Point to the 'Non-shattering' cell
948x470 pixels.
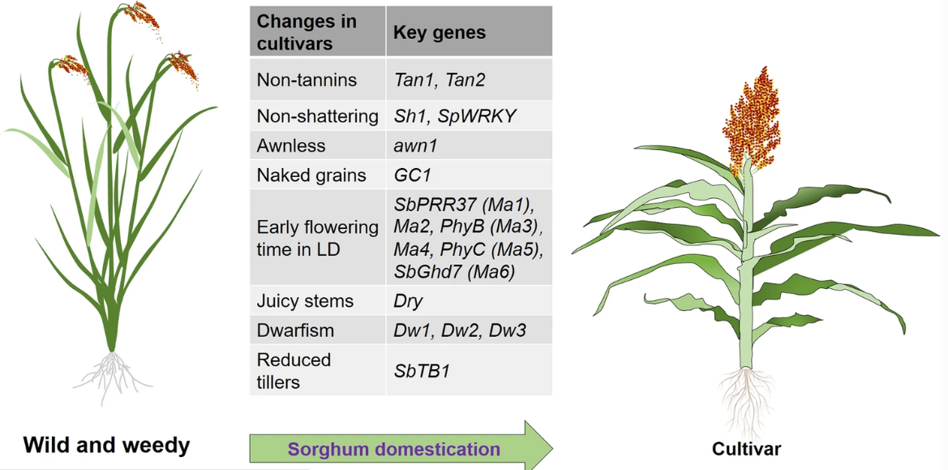pos(317,116)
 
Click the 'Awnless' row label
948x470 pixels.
pos(291,146)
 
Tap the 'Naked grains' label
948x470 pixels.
pos(311,175)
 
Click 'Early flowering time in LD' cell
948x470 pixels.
pos(317,239)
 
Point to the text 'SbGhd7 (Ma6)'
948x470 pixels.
pos(454,272)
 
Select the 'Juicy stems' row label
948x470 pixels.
pos(305,300)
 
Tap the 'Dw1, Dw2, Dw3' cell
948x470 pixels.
pos(460,330)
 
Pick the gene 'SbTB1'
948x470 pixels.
pos(422,370)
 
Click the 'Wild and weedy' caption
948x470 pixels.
pos(106,446)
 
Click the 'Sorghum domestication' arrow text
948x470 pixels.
pos(394,450)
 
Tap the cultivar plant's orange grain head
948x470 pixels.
pos(751,120)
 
